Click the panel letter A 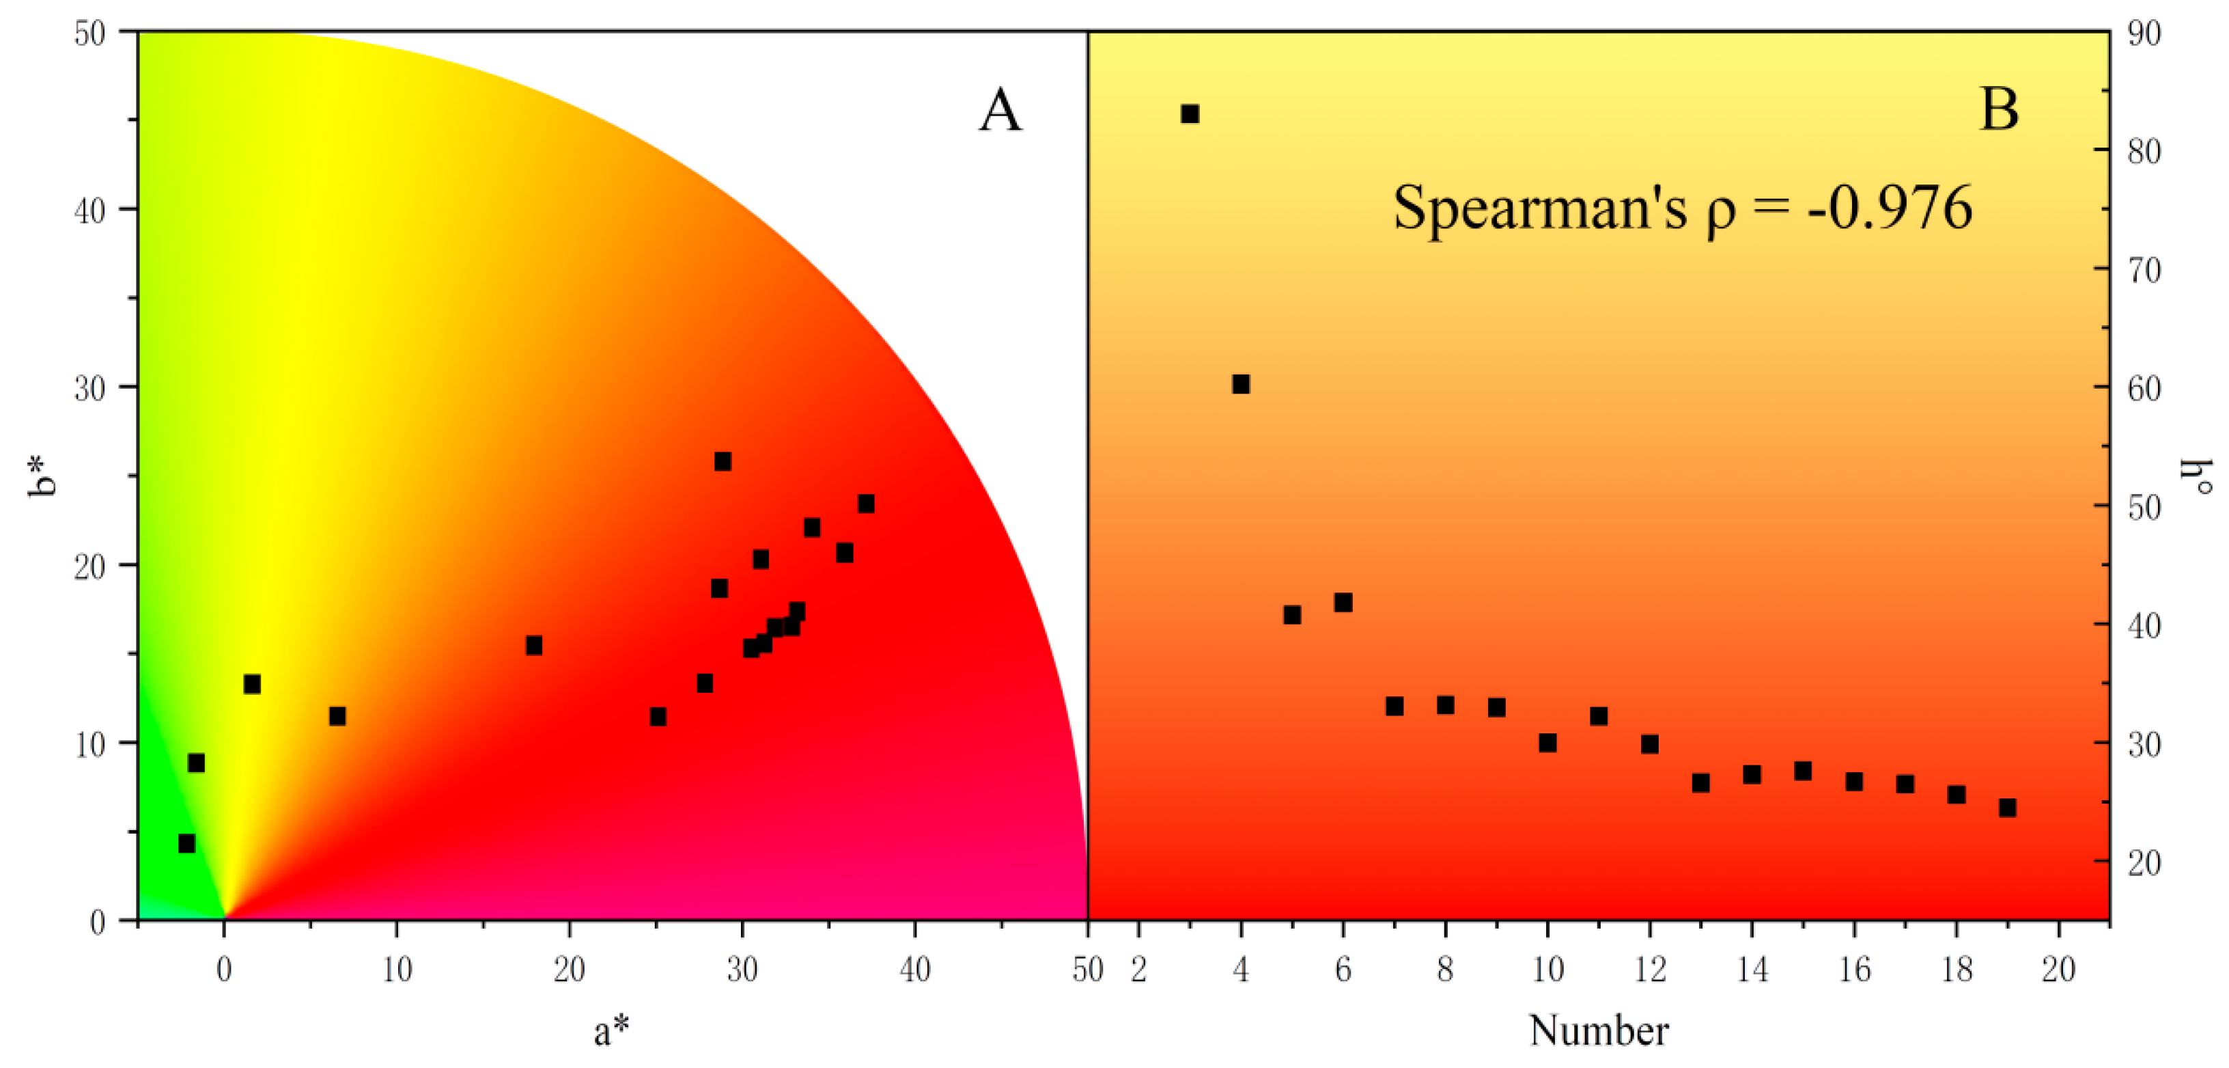pyautogui.click(x=1000, y=111)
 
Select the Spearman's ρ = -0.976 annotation pyautogui.click(x=1682, y=208)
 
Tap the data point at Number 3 pyautogui.click(x=1190, y=113)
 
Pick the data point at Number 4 pyautogui.click(x=1241, y=384)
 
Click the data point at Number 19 pyautogui.click(x=2008, y=808)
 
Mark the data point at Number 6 pyautogui.click(x=1343, y=603)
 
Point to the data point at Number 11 pyautogui.click(x=1598, y=715)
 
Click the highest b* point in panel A pyautogui.click(x=723, y=461)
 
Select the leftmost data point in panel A pyautogui.click(x=186, y=843)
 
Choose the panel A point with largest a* pyautogui.click(x=865, y=504)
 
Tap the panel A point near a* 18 pyautogui.click(x=534, y=645)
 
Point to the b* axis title pyautogui.click(x=42, y=474)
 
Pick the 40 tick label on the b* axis pyautogui.click(x=91, y=210)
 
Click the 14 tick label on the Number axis pyautogui.click(x=1752, y=970)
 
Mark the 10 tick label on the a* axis pyautogui.click(x=397, y=970)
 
